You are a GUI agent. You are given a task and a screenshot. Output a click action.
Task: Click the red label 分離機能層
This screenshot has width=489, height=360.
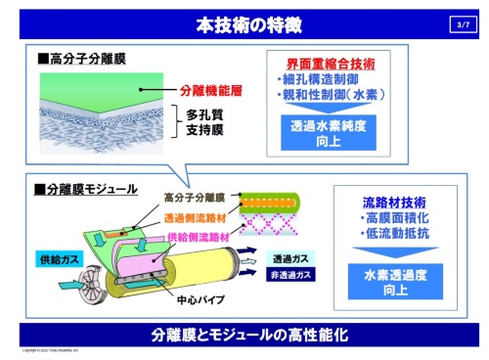[210, 91]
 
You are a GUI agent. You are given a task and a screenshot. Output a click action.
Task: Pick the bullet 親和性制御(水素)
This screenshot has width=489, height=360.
[334, 94]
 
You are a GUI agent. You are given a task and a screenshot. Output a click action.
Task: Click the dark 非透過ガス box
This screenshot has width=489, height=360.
[288, 276]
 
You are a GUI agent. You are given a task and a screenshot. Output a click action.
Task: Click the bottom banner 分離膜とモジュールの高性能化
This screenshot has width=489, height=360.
[244, 335]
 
